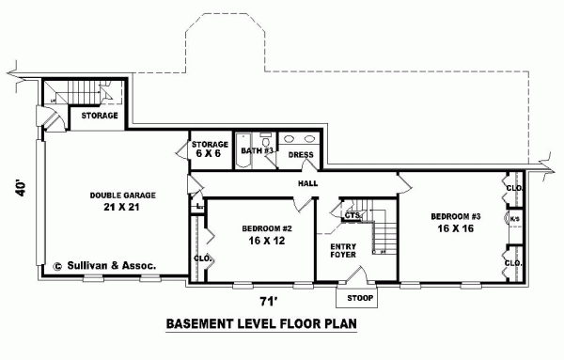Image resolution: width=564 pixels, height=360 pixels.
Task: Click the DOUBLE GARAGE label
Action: [x=123, y=195]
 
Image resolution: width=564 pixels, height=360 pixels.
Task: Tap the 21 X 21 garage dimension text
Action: [x=124, y=208]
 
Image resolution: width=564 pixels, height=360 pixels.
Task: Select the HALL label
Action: [x=306, y=183]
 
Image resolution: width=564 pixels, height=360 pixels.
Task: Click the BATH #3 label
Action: [x=257, y=150]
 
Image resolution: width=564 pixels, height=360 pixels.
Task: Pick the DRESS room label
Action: [x=301, y=154]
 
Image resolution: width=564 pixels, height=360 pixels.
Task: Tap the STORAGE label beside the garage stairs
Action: [x=99, y=116]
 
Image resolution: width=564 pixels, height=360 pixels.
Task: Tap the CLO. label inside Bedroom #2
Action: [x=201, y=258]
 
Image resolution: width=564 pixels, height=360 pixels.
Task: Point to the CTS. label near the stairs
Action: [x=352, y=215]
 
